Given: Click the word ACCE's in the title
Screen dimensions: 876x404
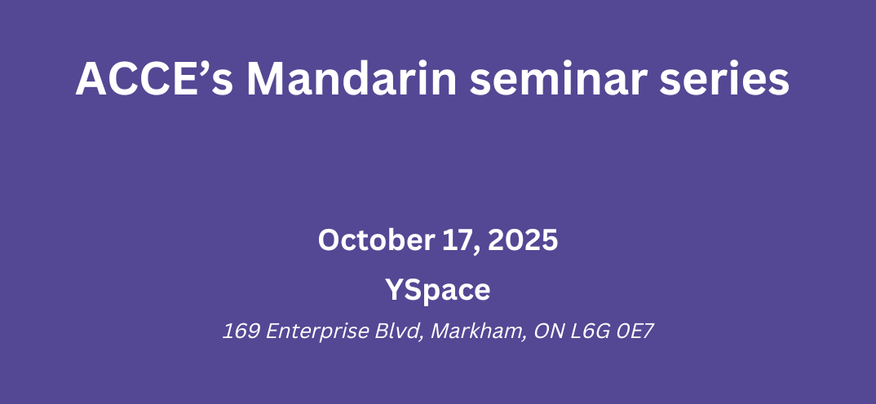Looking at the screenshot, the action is coord(154,79).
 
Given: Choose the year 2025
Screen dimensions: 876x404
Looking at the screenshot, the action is coord(523,240).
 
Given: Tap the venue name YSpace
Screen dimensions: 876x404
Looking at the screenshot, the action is coord(437,290).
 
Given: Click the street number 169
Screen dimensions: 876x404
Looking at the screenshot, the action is coord(241,332).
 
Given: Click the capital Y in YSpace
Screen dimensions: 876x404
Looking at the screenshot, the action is coord(395,290).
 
